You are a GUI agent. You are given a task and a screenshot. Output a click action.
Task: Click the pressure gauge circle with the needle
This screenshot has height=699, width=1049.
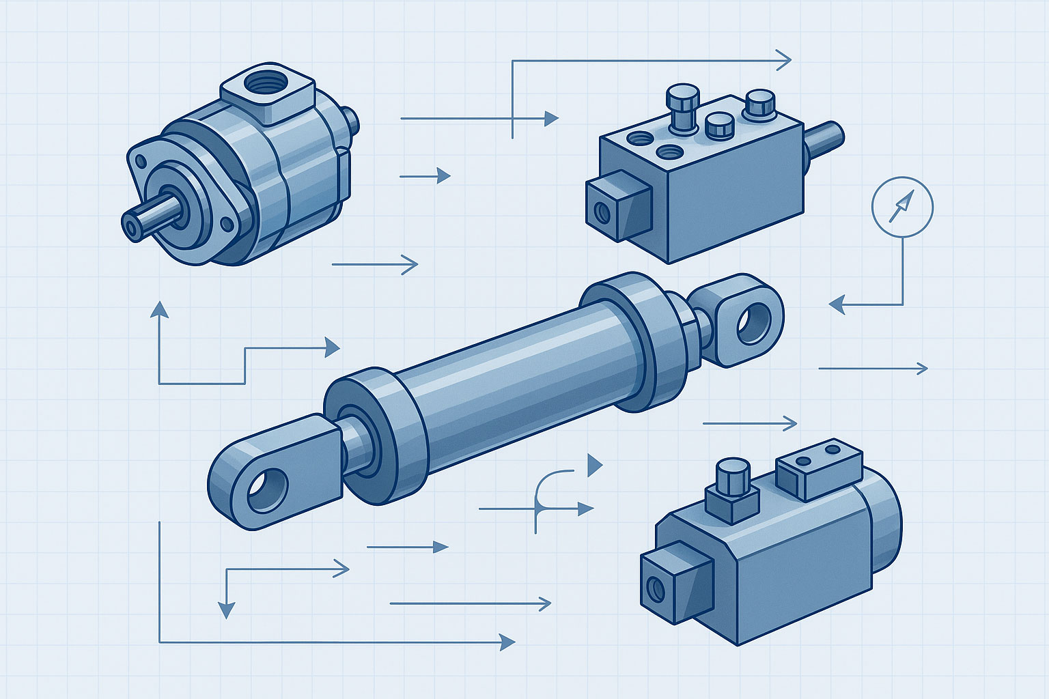coord(902,206)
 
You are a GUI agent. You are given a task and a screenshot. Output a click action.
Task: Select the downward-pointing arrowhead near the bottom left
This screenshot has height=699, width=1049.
coord(226,610)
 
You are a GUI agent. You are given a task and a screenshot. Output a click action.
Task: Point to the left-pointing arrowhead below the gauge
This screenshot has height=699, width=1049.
coord(837,304)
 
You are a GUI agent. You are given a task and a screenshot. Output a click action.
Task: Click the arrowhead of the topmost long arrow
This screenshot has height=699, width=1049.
coord(784,61)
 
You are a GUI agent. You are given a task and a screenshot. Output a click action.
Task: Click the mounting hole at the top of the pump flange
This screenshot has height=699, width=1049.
coord(141,162)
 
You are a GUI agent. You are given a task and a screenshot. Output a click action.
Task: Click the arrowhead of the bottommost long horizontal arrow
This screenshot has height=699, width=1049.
coord(507,642)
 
